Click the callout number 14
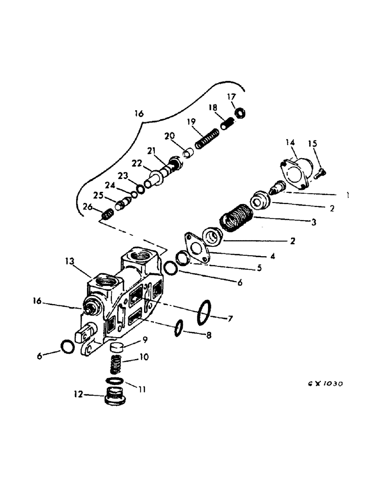290,142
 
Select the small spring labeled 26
107,214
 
